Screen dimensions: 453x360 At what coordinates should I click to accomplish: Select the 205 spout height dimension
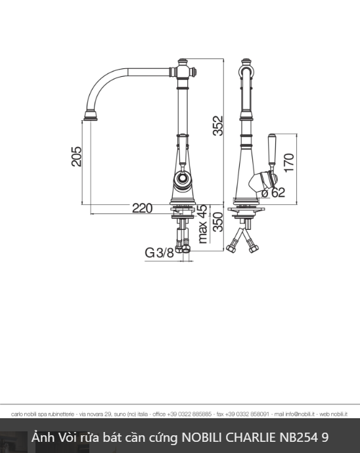point(77,156)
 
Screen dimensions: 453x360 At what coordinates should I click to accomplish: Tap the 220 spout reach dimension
point(142,208)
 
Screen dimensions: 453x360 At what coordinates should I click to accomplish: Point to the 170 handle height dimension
point(288,162)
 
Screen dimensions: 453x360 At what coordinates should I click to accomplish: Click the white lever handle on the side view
point(270,148)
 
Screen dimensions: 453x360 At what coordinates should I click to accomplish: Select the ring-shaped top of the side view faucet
point(246,66)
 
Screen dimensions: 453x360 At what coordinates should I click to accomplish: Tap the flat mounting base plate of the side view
point(246,210)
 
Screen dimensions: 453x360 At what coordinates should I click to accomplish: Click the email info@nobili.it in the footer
point(294,414)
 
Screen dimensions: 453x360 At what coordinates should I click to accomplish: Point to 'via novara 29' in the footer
point(94,414)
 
